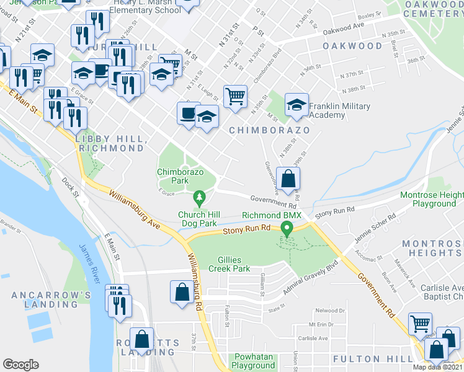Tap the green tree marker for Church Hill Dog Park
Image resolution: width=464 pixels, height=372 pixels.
(x=199, y=198)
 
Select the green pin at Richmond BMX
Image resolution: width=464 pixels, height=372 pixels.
(x=287, y=229)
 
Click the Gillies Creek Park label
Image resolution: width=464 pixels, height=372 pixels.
(x=225, y=264)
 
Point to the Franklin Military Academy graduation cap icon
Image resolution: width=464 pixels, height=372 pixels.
(x=297, y=105)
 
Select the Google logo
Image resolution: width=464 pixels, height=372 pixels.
(x=20, y=365)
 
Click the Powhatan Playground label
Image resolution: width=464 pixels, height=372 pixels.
(x=253, y=361)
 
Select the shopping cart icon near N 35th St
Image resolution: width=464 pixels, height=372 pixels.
(x=235, y=97)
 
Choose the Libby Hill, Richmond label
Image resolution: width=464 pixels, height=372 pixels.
(x=110, y=143)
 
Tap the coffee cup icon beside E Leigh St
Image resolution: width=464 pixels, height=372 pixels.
(x=189, y=113)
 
